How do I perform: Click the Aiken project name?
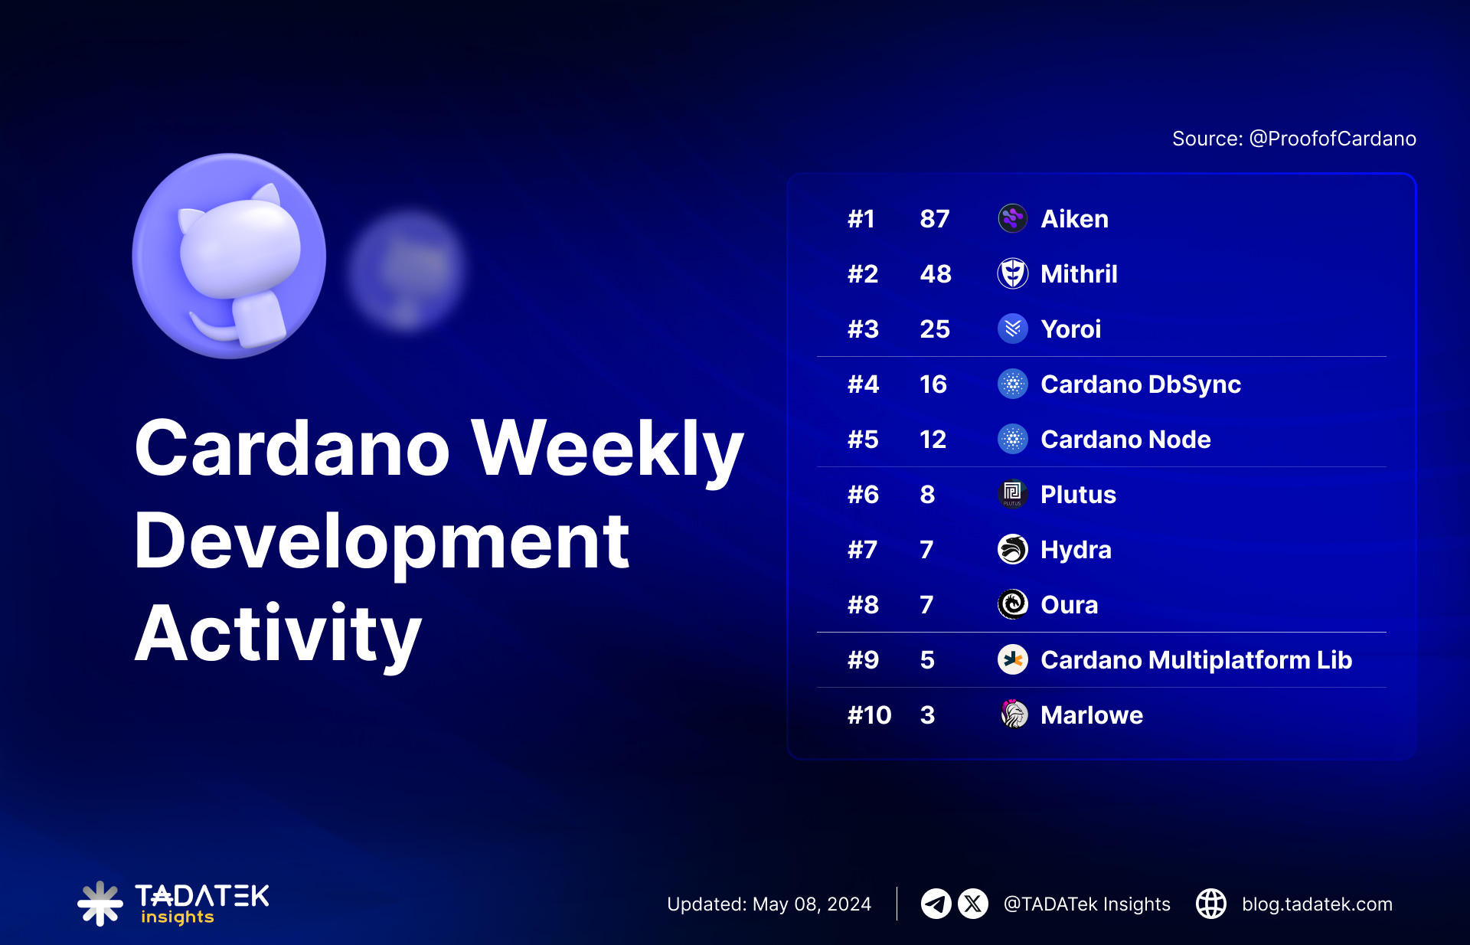tap(1074, 219)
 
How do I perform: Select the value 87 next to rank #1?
tap(934, 219)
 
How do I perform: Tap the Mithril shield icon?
tap(1012, 273)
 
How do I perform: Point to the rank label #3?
tap(863, 329)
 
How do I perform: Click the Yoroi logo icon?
tap(1012, 329)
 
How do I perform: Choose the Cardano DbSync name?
tap(1140, 384)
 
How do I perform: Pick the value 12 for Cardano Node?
tap(933, 440)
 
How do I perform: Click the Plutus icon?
tap(1012, 494)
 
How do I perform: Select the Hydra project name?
tap(1076, 550)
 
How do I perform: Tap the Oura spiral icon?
tap(1012, 604)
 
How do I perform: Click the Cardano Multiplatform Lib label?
tap(1196, 660)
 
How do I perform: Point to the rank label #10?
tap(869, 715)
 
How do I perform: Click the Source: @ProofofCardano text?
tap(1294, 139)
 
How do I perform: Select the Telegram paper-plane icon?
tap(936, 904)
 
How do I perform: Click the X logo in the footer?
tap(973, 904)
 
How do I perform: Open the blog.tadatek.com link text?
tap(1317, 904)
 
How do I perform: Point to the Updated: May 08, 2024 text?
tap(769, 904)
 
